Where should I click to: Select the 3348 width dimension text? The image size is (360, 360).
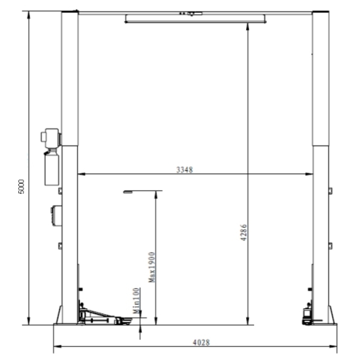point(184,169)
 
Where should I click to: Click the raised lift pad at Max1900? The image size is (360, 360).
point(129,192)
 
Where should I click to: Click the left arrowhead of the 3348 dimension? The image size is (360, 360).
point(80,174)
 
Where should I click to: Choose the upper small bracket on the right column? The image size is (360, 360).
point(330,191)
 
